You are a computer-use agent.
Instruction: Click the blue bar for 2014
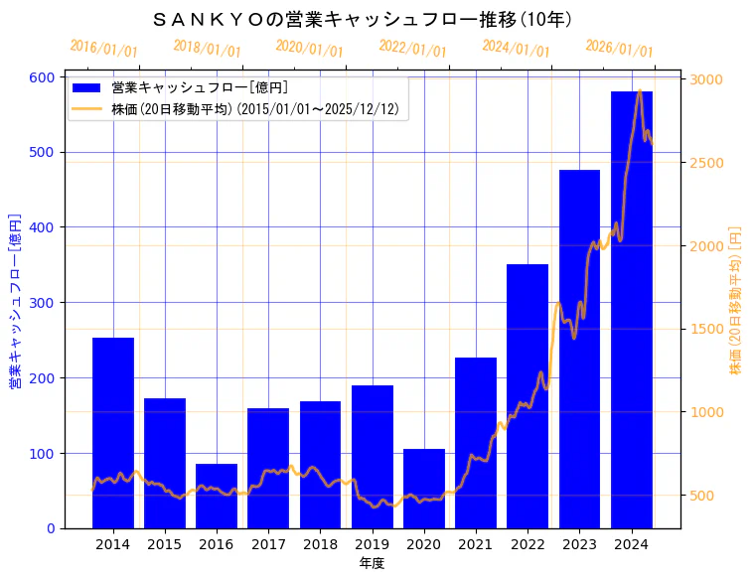(113, 433)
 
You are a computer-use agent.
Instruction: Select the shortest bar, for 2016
(217, 496)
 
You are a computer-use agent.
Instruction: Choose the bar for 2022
(527, 396)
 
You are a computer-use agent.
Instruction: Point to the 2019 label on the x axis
(372, 544)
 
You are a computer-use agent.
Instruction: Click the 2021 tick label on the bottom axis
(476, 544)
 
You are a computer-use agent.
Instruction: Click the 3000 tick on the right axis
(707, 79)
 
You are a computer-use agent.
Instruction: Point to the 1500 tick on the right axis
(707, 329)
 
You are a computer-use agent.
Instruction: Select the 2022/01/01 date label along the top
(413, 49)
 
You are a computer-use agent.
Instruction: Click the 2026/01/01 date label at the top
(620, 49)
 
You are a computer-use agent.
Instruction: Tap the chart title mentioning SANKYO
(364, 19)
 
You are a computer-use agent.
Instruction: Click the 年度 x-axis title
(372, 563)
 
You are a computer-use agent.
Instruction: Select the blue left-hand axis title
(15, 300)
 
